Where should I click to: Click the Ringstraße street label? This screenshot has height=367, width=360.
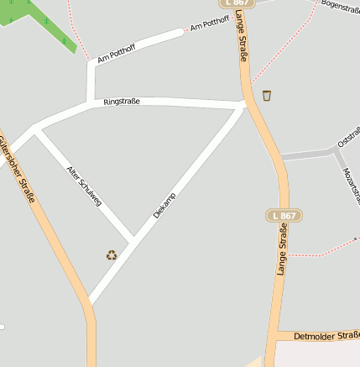coord(121,102)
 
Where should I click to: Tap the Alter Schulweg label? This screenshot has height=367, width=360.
coord(84,186)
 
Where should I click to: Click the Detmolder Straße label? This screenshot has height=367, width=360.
coord(326,336)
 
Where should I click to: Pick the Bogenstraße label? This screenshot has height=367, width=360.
coord(340,8)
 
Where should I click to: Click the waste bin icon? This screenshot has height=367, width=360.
coord(267,95)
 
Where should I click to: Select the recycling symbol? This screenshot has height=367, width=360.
coord(112,254)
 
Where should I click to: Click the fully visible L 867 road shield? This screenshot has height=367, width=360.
coord(284,216)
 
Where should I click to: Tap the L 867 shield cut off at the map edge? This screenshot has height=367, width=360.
coord(238,3)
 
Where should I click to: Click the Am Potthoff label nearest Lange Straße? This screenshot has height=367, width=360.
coord(210,25)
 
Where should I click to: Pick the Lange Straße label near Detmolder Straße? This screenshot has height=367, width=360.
coord(282,251)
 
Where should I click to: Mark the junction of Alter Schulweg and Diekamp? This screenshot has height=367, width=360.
coord(133,238)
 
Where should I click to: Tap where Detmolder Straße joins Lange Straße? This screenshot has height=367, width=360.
coord(273,336)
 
